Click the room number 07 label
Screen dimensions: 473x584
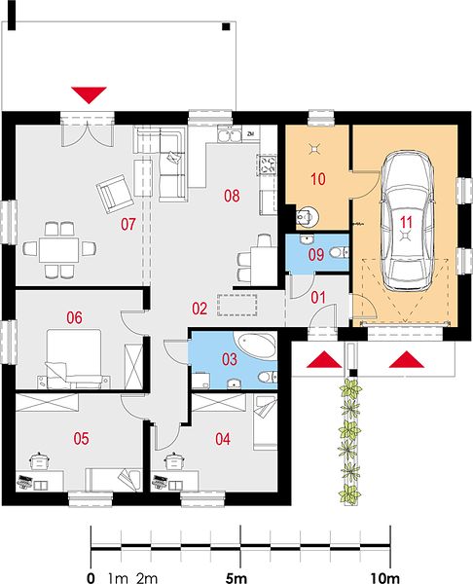click(128, 224)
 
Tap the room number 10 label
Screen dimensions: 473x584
click(317, 179)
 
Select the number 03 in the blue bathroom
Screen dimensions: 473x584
click(230, 359)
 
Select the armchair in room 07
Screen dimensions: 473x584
click(115, 194)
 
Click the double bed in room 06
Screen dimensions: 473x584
click(74, 357)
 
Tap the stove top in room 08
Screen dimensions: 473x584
click(267, 165)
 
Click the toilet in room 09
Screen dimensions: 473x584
click(339, 252)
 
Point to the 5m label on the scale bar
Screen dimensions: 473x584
click(236, 578)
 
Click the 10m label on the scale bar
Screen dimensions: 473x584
click(384, 578)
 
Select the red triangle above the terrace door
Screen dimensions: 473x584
click(89, 95)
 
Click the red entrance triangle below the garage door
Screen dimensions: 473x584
click(407, 359)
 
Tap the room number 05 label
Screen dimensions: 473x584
click(81, 439)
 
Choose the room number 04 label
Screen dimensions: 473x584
click(223, 439)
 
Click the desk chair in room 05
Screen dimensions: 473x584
click(37, 460)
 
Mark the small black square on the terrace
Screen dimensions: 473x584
click(226, 26)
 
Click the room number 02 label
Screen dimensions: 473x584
click(200, 309)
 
